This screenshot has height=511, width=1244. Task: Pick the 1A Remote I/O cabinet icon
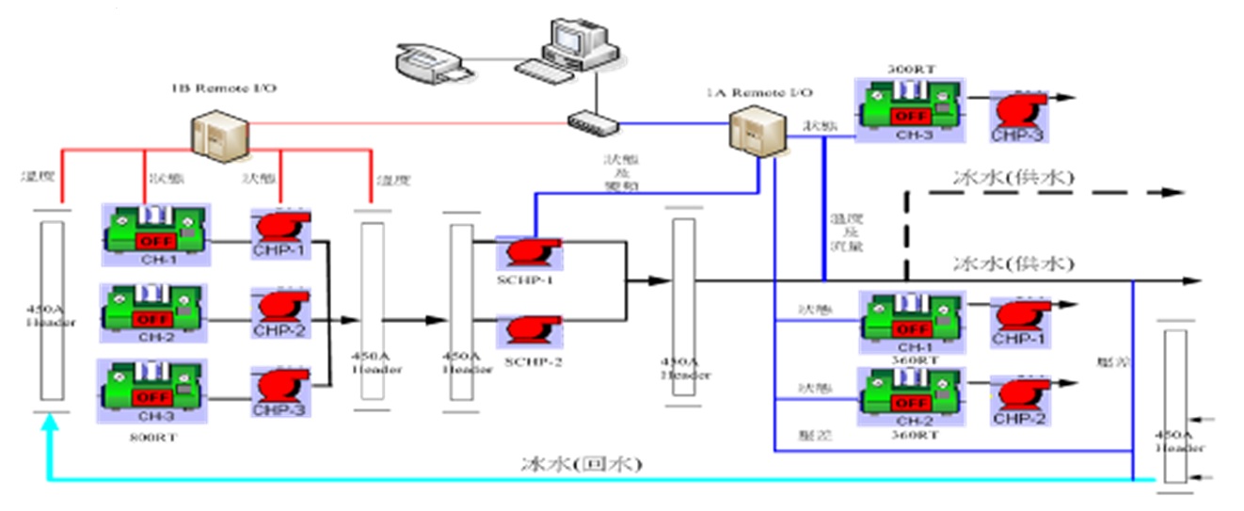coord(755,132)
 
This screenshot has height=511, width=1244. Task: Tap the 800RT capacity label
coord(143,436)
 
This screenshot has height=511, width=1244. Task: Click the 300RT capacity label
coord(908,70)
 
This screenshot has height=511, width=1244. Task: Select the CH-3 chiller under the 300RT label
coord(908,110)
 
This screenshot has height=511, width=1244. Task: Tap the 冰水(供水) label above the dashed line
coord(1013,175)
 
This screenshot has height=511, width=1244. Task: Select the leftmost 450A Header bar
coord(53,311)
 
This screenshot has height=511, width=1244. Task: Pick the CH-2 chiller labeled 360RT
coord(908,394)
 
